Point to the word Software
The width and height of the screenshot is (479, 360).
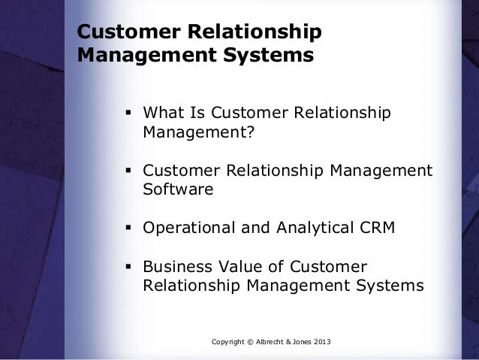pos(178,191)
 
